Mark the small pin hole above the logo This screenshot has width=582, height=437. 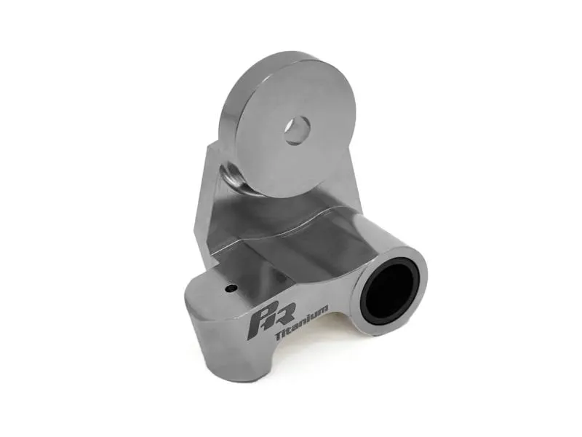coord(231,288)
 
